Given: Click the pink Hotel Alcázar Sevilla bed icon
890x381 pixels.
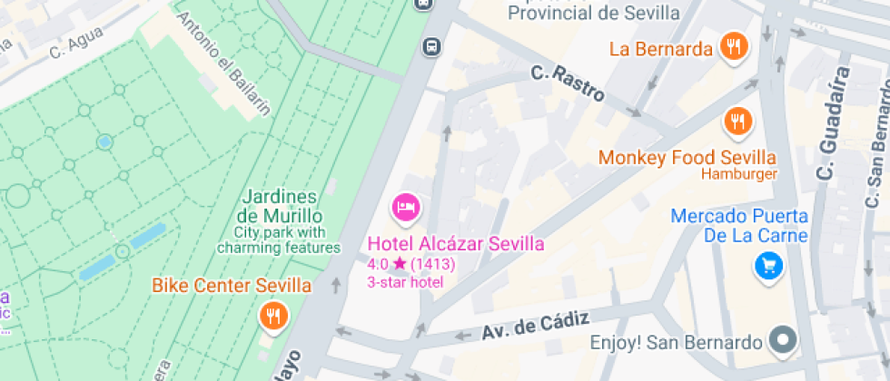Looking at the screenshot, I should pos(405,208).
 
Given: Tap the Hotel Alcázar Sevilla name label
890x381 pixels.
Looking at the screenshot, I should pos(456,244).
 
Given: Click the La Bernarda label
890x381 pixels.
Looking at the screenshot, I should pos(661,49).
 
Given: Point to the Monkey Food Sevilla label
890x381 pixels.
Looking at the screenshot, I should pos(687,158).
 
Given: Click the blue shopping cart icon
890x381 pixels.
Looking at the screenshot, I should pos(768,266).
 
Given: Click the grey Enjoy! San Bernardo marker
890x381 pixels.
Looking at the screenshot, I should pos(782,342).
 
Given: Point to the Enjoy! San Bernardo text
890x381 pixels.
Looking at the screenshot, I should pos(676,343).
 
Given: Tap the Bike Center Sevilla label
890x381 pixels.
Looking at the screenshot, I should pos(232,287).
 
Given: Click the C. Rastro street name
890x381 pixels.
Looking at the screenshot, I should pos(568,81).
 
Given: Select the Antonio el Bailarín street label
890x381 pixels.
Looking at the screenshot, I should pos(223,65).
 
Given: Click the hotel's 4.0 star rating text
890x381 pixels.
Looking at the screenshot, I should pos(410,264).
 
